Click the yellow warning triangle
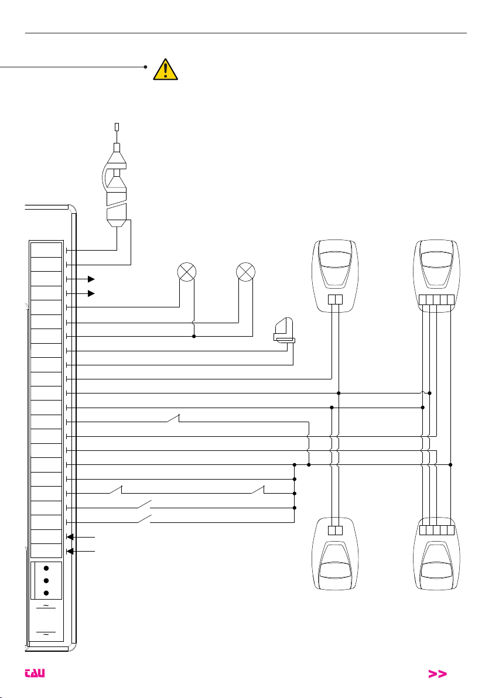[165, 70]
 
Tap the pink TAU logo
[35, 673]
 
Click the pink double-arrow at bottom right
[437, 674]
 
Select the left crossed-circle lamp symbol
[187, 272]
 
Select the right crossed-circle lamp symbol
[245, 272]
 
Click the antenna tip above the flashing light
[117, 127]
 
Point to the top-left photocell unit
[335, 276]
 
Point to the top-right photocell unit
[437, 276]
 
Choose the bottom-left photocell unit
[335, 554]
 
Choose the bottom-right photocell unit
[437, 554]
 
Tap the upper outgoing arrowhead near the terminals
[91, 279]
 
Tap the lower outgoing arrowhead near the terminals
[91, 293]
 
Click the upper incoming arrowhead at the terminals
[70, 537]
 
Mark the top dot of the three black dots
[46, 569]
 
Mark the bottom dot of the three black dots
[46, 593]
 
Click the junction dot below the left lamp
[194, 336]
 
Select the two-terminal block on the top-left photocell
[335, 300]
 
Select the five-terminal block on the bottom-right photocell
[437, 530]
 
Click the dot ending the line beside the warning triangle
[146, 67]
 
